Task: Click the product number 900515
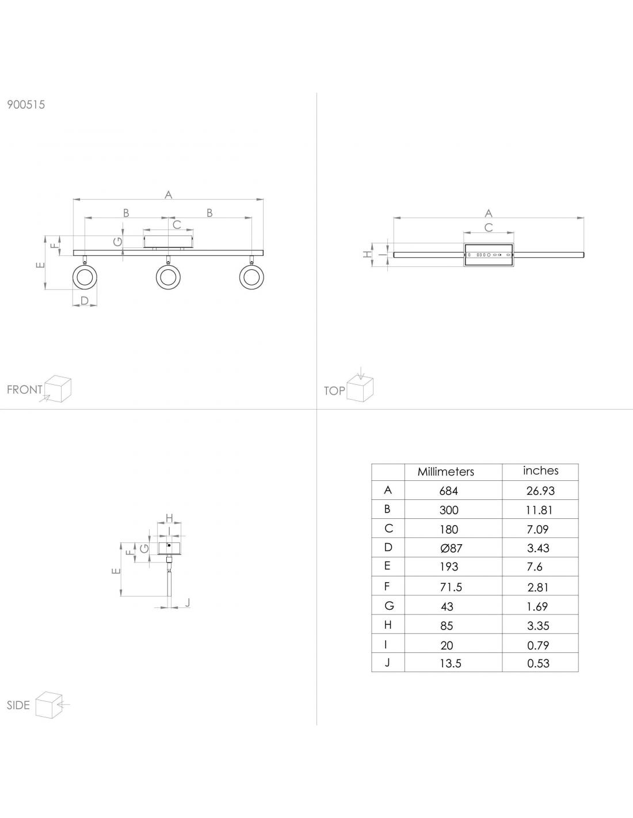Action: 26,105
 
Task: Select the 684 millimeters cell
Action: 448,491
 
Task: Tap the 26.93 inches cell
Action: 540,491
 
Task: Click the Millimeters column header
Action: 446,472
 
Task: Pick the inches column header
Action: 540,471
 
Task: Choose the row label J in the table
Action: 388,663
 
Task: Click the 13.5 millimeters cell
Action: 451,663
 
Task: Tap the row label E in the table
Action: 387,566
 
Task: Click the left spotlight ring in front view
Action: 85,278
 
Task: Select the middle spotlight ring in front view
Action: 168,278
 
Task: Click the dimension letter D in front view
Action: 85,300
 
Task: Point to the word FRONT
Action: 25,389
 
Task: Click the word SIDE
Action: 18,705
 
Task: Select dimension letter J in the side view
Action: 187,603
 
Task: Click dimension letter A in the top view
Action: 489,213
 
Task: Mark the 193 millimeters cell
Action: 449,567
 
